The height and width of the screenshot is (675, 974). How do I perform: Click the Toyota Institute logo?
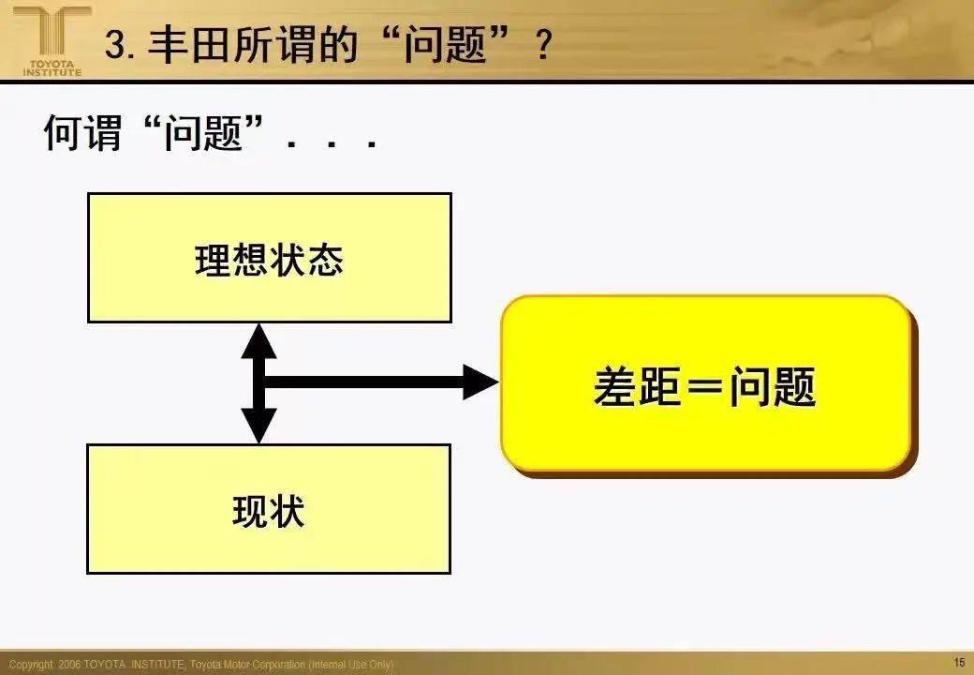(52, 41)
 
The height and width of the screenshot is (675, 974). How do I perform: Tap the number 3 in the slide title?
(115, 45)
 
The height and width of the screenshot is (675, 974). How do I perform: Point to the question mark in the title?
(542, 45)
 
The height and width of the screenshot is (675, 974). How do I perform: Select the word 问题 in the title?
(444, 45)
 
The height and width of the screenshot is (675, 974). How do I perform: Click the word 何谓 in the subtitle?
(82, 132)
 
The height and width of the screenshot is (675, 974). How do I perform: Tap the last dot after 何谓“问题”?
(372, 144)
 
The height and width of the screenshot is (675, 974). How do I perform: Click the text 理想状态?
(269, 260)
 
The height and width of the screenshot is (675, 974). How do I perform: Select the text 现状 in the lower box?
(269, 511)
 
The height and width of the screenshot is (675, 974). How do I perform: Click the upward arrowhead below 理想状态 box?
(259, 341)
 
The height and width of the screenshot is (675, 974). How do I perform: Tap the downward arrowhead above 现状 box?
(259, 425)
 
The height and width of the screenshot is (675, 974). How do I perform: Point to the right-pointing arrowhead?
(481, 382)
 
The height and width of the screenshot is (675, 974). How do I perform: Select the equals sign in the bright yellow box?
(704, 386)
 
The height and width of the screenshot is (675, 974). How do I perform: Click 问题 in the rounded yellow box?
(772, 386)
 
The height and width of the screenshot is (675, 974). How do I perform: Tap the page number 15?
(959, 663)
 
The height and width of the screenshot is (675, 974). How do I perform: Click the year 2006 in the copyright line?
(69, 665)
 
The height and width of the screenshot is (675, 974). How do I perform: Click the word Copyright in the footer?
(30, 665)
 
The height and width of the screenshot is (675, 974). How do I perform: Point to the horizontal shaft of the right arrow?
(364, 382)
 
